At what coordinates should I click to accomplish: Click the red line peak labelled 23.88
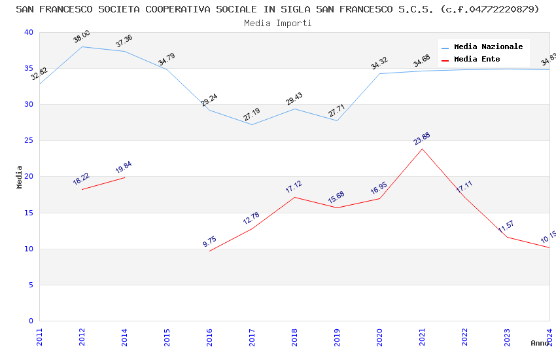(422, 149)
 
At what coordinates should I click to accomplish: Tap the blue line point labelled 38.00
(82, 46)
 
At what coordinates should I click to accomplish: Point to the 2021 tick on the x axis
(422, 336)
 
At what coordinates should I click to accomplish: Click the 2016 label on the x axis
(209, 336)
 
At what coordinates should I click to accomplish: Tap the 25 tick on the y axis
(28, 141)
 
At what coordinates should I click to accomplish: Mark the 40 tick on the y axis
(28, 33)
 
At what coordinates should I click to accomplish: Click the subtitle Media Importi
(277, 24)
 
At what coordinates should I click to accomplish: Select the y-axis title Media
(20, 177)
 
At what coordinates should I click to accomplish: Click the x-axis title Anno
(540, 343)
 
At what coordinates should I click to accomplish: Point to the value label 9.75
(209, 242)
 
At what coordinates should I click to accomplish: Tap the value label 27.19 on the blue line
(251, 115)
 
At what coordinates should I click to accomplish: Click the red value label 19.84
(124, 168)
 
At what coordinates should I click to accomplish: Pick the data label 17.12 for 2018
(294, 187)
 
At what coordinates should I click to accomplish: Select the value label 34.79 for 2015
(166, 60)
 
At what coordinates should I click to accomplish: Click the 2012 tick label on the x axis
(82, 336)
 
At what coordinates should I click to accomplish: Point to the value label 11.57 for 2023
(506, 227)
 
